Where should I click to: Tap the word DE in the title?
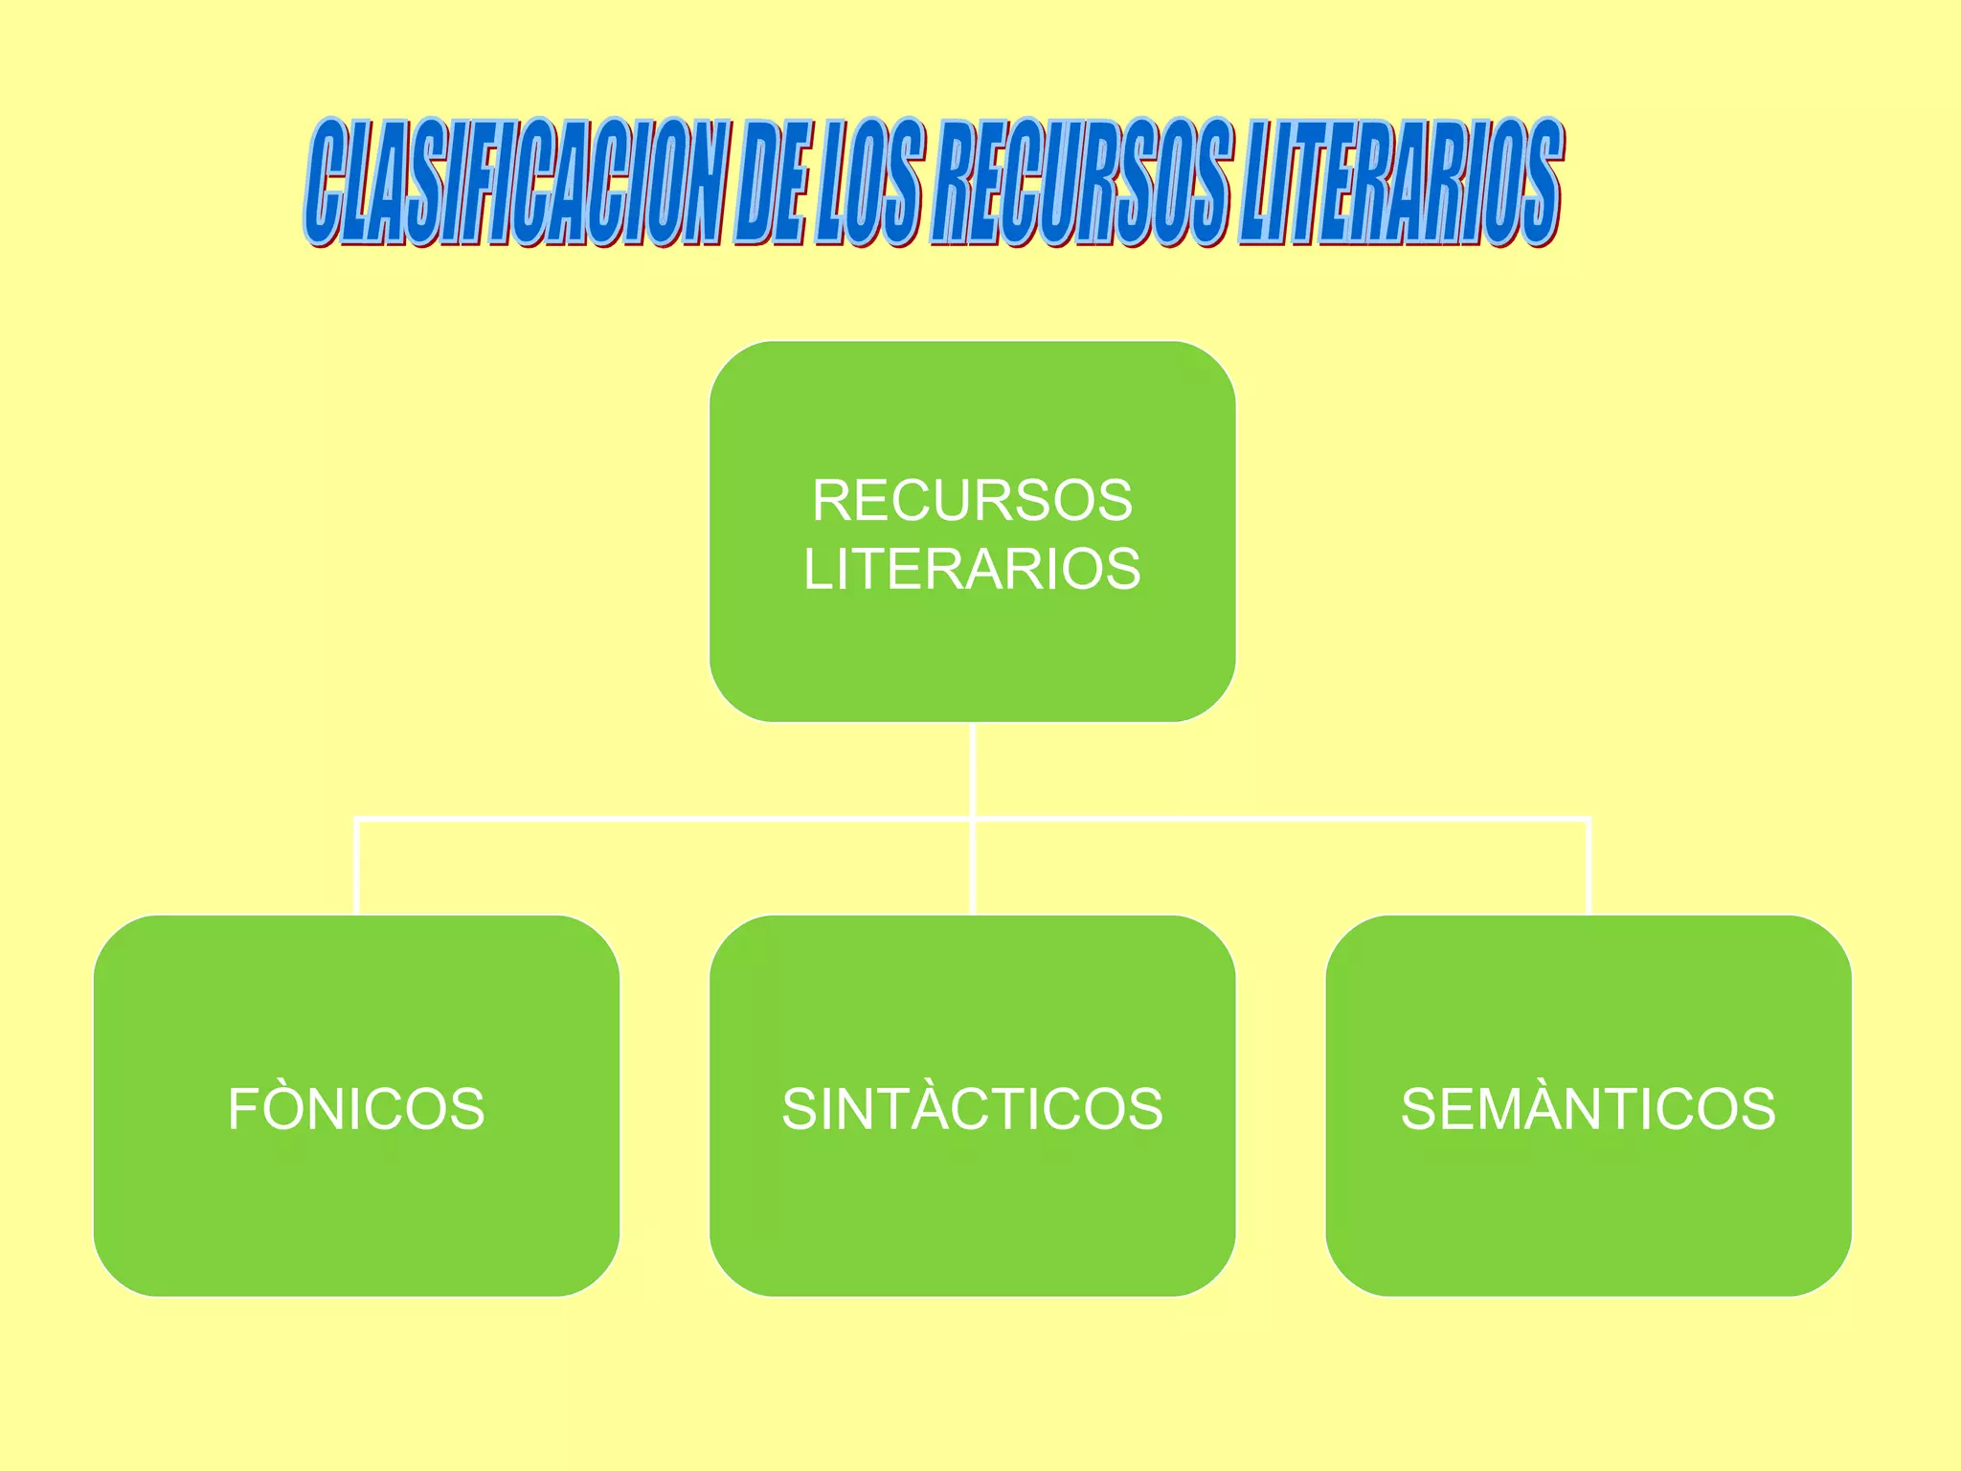pos(771,182)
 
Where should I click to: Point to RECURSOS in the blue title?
pos(1080,182)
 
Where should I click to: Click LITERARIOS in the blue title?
pos(1400,182)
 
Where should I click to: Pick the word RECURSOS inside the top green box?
pos(972,500)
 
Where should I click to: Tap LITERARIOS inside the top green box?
pos(972,569)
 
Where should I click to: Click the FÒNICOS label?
pos(356,1109)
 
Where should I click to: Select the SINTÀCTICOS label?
pos(972,1109)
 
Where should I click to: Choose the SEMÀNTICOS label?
pos(1588,1109)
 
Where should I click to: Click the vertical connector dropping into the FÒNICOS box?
pos(356,867)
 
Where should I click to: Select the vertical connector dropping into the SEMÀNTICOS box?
pos(1589,867)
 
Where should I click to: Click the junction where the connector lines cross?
pos(972,819)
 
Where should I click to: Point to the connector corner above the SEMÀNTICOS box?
pos(1589,820)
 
